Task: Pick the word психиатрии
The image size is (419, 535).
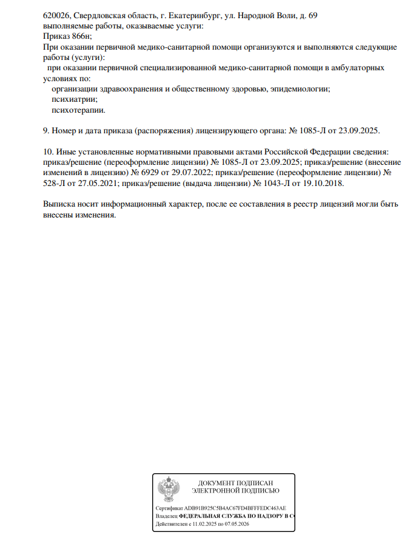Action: [75, 99]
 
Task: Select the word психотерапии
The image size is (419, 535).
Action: [79, 110]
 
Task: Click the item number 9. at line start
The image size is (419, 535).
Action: [47, 131]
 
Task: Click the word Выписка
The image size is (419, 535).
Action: [61, 204]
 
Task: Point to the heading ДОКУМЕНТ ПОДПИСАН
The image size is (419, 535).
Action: [236, 482]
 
